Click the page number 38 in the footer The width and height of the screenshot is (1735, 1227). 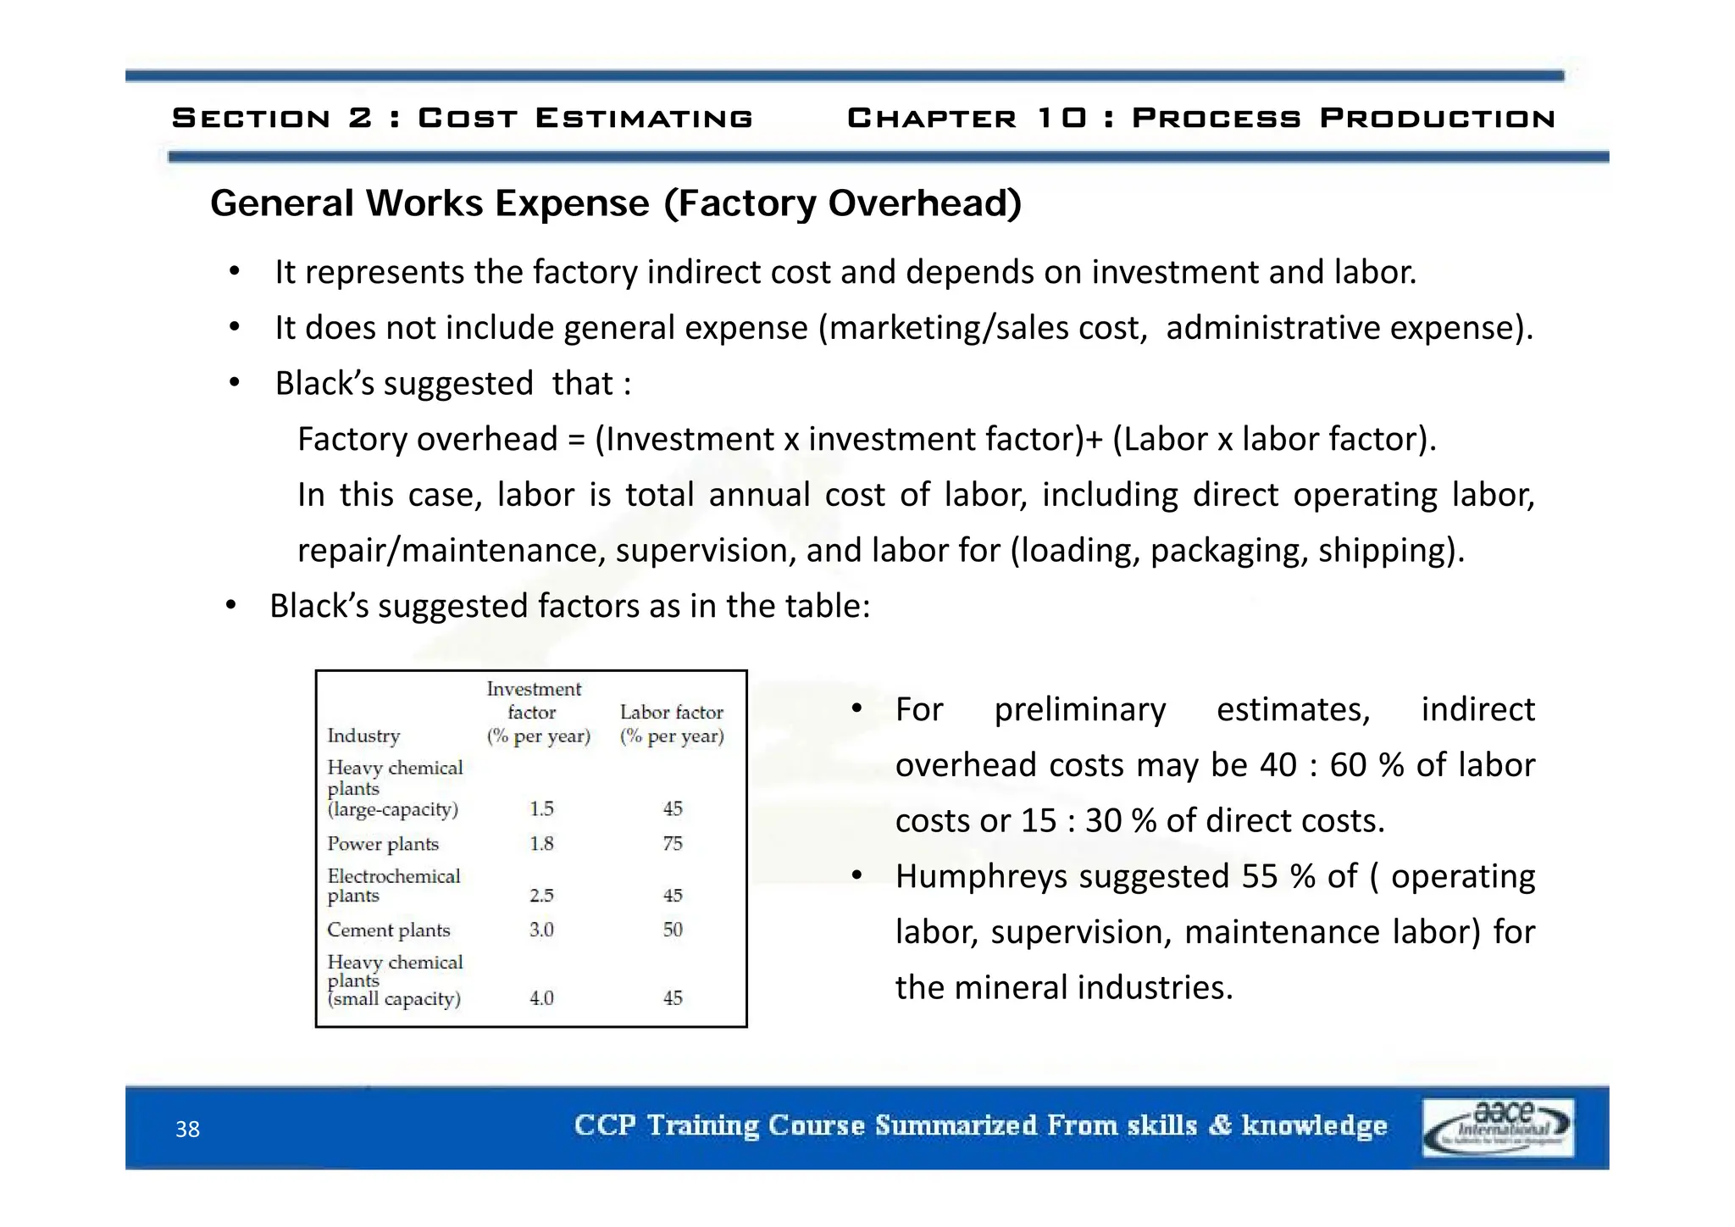click(187, 1129)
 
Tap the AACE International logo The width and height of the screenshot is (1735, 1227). click(1498, 1127)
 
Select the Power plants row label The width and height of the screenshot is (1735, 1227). click(383, 844)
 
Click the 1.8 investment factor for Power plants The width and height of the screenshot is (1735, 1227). click(541, 844)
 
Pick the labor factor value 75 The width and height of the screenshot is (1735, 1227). click(673, 844)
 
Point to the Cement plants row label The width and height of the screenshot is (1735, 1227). click(388, 930)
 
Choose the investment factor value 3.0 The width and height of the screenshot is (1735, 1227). click(541, 930)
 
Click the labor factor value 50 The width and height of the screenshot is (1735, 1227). click(673, 930)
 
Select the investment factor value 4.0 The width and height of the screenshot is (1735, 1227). click(541, 998)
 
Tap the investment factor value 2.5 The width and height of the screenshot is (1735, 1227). click(541, 896)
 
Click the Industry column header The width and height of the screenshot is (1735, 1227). click(363, 736)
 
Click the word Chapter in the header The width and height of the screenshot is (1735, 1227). click(931, 118)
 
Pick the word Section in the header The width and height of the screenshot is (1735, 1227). click(251, 118)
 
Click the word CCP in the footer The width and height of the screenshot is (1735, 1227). click(604, 1125)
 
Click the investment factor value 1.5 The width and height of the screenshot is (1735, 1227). click(541, 809)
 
